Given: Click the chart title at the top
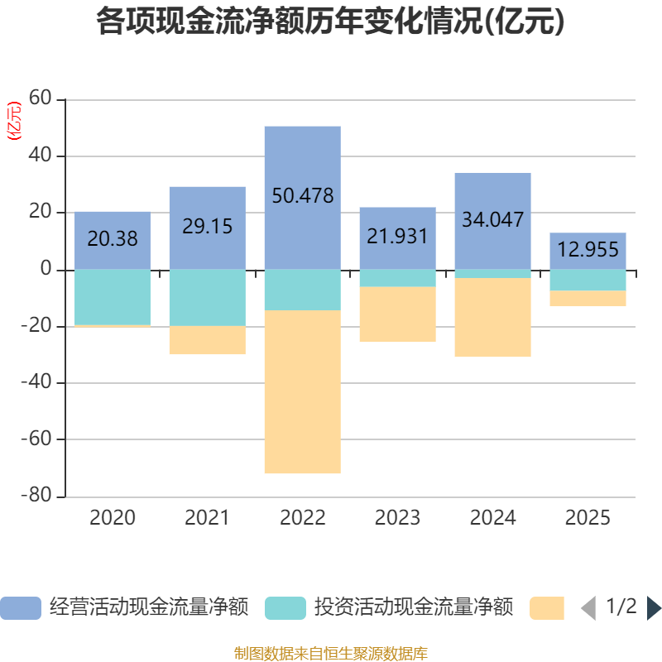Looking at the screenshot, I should tap(330, 22).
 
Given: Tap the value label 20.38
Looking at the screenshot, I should tap(113, 239).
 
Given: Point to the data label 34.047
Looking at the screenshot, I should tap(492, 220).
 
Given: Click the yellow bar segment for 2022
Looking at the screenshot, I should tap(303, 392).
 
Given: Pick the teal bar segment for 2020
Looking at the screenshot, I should tap(113, 297).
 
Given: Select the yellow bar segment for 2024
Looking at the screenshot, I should tap(492, 318).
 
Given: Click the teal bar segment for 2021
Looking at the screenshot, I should tap(208, 298).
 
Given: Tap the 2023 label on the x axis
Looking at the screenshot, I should tap(397, 518).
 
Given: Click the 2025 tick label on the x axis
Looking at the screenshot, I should tap(588, 518).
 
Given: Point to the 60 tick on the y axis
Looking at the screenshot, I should tap(41, 99).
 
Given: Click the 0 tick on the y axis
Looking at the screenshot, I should tap(46, 270).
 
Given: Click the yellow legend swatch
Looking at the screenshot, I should tap(547, 608).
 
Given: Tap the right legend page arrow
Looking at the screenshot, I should tap(654, 608).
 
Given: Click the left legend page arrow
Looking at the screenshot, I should tap(588, 608).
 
